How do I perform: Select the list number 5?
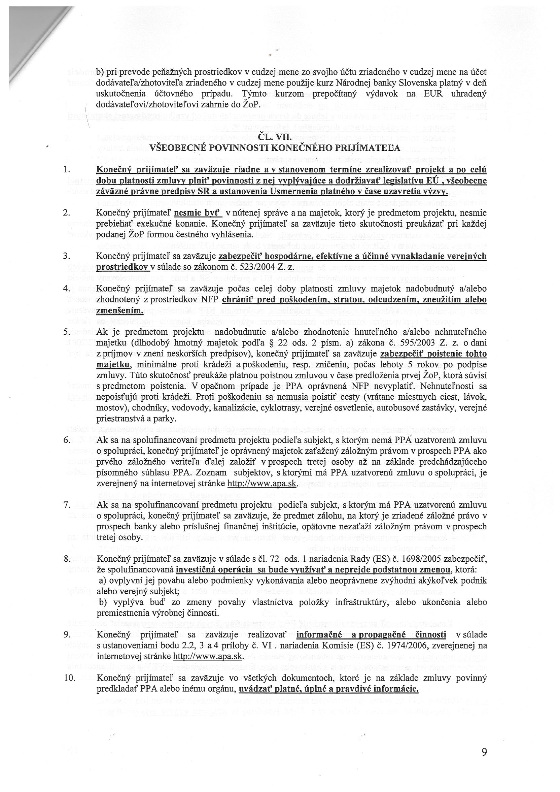67,332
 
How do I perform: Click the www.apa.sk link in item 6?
262,483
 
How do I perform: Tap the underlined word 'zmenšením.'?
120,310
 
